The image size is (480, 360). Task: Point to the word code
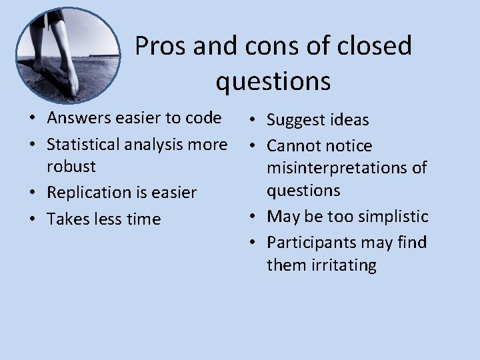[203, 118]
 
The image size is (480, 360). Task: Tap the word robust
[71, 166]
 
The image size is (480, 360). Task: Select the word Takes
[66, 219]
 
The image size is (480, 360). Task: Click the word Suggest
[299, 120]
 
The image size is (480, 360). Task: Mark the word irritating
[343, 265]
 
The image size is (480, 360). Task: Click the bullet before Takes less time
[32, 219]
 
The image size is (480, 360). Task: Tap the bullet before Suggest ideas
[252, 121]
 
